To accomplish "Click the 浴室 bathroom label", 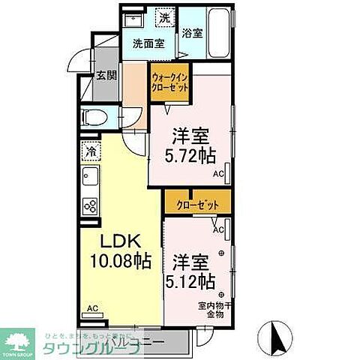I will [x=192, y=33].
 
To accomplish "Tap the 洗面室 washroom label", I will [x=148, y=43].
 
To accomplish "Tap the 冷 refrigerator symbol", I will [x=90, y=150].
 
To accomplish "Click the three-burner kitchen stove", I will [x=91, y=205].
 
